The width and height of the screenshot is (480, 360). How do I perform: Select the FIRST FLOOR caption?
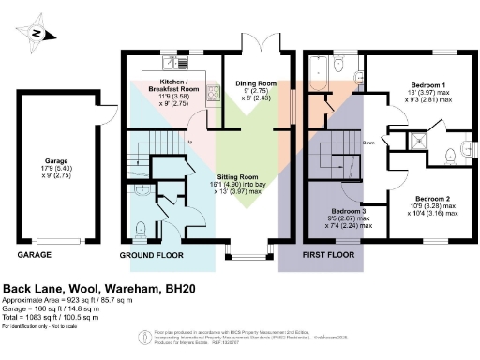pyautogui.click(x=330, y=255)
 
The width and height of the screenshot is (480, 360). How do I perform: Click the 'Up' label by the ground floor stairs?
pyautogui.click(x=190, y=142)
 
